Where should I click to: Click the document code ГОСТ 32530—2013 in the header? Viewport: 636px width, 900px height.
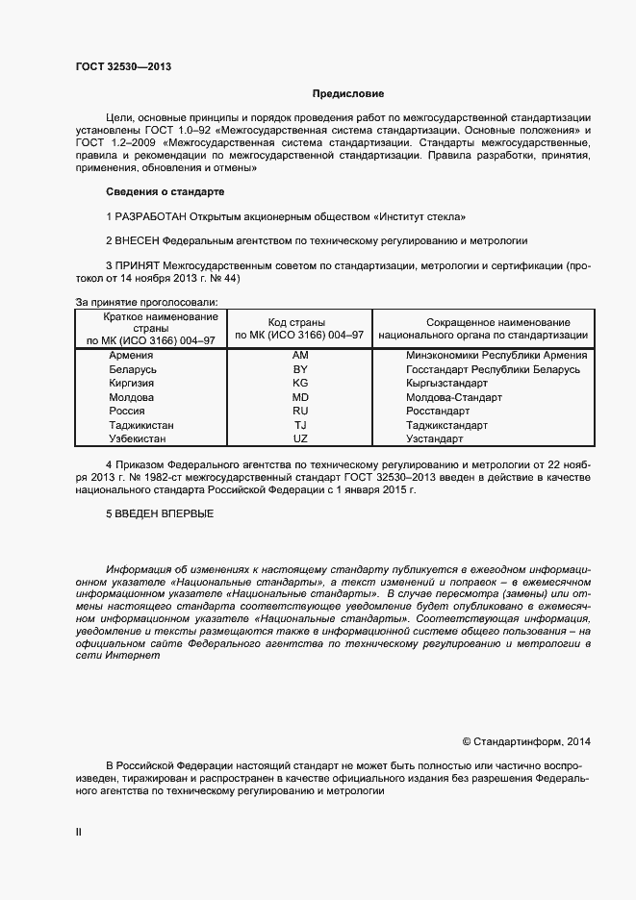pos(124,66)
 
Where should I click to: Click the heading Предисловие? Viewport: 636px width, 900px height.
pos(347,94)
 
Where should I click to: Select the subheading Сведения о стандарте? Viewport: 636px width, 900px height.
pos(164,192)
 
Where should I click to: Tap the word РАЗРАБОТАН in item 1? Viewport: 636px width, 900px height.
pos(150,216)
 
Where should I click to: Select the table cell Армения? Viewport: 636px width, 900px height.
pos(132,356)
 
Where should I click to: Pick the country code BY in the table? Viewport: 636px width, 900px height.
pos(299,369)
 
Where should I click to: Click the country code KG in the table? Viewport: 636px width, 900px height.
pos(299,384)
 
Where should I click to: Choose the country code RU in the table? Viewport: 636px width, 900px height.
pos(299,411)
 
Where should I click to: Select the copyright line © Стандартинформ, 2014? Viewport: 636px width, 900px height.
pos(526,741)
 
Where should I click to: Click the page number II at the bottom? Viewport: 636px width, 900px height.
pos(79,833)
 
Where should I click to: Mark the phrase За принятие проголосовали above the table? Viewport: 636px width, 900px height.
pos(146,302)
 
